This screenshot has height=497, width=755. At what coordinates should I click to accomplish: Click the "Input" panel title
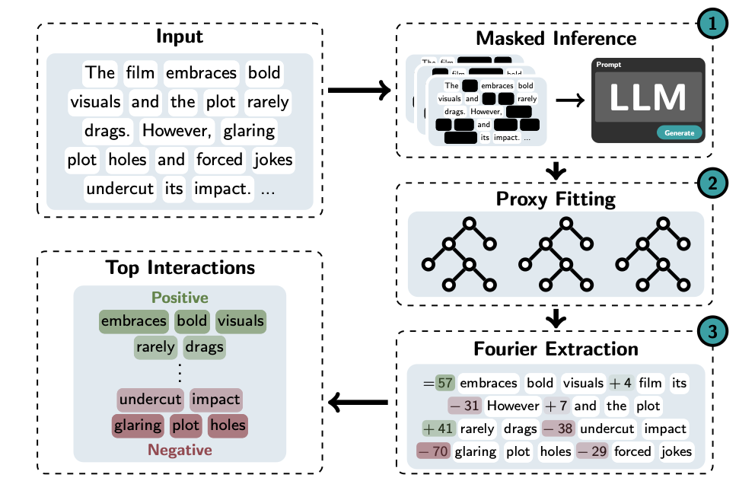[180, 37]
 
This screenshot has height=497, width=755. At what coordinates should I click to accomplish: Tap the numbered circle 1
[714, 24]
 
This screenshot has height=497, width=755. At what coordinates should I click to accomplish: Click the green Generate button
[679, 132]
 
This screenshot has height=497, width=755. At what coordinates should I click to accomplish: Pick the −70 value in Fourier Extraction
[432, 451]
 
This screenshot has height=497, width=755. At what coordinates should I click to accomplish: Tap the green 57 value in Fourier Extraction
[444, 383]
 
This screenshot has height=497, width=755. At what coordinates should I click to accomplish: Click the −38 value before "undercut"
[557, 429]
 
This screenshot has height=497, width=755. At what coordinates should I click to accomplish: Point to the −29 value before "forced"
[592, 451]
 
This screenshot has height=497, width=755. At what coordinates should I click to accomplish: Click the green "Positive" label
[180, 298]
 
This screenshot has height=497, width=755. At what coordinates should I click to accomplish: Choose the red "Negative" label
[180, 450]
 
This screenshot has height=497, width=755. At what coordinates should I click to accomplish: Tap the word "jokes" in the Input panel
[272, 160]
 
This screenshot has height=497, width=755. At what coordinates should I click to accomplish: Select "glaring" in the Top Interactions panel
[138, 425]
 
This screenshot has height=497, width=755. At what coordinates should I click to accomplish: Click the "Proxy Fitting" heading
[556, 199]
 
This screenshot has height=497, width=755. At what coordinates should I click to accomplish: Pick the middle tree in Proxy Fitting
[556, 255]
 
